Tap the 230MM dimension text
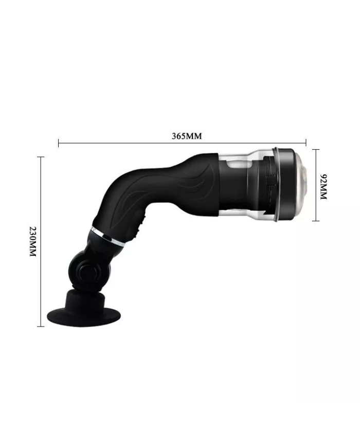(33, 241)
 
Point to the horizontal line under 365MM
(183, 144)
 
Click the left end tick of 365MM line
(59, 144)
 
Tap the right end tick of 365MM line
(306, 144)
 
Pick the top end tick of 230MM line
(41, 157)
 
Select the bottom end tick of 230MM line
(41, 326)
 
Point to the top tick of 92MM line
(315, 149)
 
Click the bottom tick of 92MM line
(315, 221)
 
